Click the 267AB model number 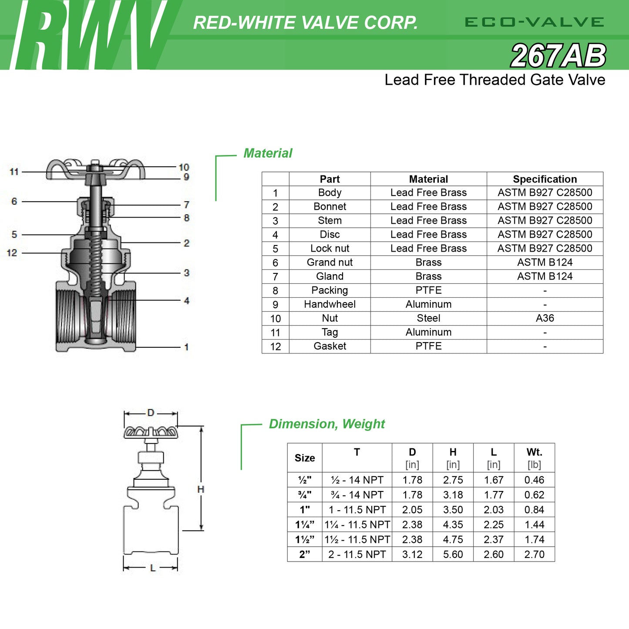point(558,56)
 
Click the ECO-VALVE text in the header point(534,22)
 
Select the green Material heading point(268,153)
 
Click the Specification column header point(545,179)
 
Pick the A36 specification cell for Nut point(545,318)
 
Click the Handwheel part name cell point(330,304)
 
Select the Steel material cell point(428,318)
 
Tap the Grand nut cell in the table point(330,262)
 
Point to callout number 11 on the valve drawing point(14,172)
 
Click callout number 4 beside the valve point(186,300)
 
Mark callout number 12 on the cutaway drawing point(12,253)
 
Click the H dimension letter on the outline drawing point(201,490)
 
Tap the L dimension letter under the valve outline point(153,568)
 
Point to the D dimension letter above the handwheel point(151,413)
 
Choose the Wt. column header point(534,452)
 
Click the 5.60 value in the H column point(453,555)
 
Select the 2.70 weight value point(534,555)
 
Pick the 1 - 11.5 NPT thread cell point(357,510)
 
